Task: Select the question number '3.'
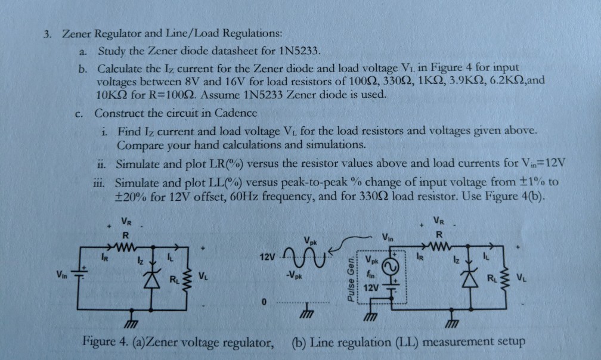pyautogui.click(x=43, y=33)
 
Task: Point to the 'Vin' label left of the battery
pyautogui.click(x=62, y=275)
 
